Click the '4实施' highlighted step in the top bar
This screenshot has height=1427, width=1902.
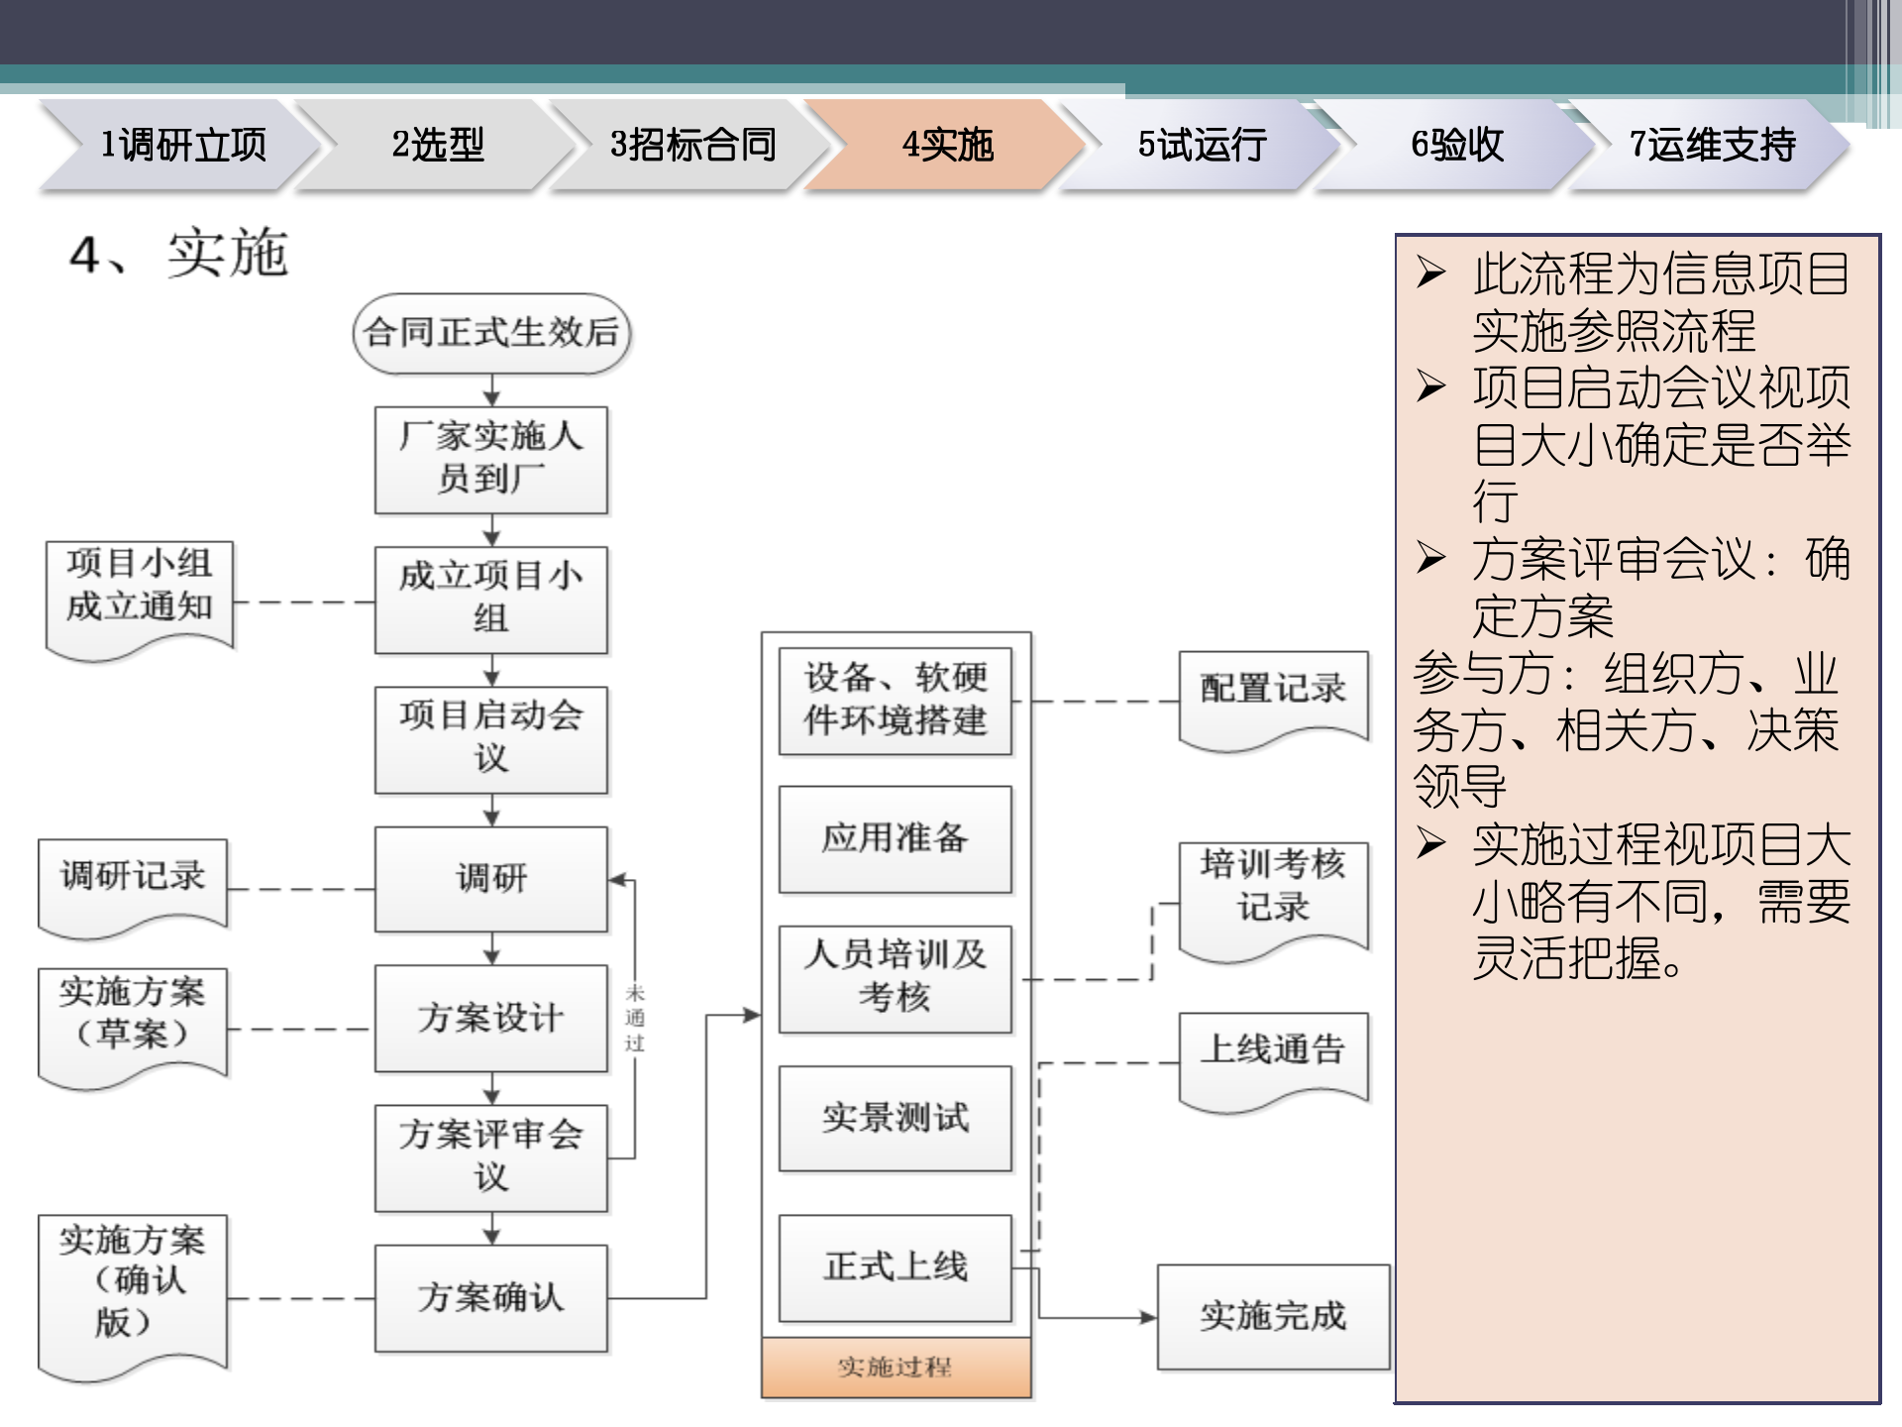coord(946,145)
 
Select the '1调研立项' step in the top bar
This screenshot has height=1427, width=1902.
coord(183,145)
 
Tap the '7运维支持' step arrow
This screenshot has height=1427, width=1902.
coord(1712,145)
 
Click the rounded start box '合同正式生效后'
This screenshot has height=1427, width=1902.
coord(491,333)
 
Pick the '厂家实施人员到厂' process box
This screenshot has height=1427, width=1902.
coord(491,459)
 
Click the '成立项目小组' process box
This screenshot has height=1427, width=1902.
coord(491,599)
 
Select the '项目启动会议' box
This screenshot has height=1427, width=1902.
coord(491,738)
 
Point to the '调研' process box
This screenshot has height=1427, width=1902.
coord(491,879)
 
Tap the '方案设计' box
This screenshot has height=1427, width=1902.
coord(491,1018)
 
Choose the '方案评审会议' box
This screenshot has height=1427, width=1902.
coord(491,1157)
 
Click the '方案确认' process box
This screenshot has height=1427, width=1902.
coord(491,1297)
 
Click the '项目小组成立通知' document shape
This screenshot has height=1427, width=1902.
coord(140,591)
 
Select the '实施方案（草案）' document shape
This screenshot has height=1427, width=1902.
coord(133,1019)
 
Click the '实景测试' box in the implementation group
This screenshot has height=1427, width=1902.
coord(896,1119)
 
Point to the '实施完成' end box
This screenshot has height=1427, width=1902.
coord(1273,1317)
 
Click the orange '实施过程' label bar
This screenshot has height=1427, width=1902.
coord(896,1368)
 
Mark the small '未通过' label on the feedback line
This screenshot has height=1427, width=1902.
coord(635,1018)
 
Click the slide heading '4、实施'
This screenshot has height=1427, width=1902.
coord(179,254)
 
